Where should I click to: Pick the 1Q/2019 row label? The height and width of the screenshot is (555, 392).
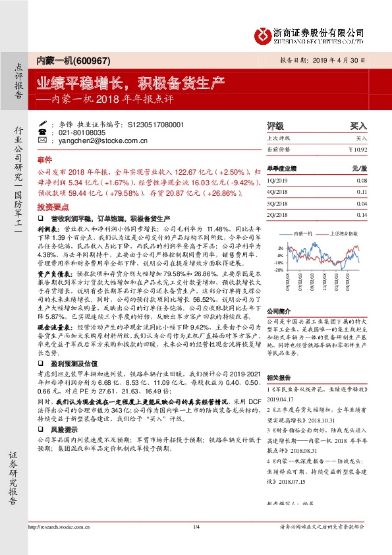(x=277, y=179)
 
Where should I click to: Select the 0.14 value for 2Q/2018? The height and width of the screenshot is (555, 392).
(x=379, y=215)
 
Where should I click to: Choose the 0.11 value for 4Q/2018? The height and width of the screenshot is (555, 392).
(x=379, y=191)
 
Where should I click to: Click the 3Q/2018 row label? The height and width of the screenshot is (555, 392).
(x=277, y=203)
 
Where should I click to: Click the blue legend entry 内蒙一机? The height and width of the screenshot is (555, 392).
(x=305, y=233)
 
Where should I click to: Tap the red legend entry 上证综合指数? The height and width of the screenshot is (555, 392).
(x=345, y=233)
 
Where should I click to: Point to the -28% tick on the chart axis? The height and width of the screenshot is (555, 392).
(x=280, y=270)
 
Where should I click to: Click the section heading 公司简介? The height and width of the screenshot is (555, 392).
(x=278, y=310)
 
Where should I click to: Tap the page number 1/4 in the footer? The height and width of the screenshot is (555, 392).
(x=196, y=527)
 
